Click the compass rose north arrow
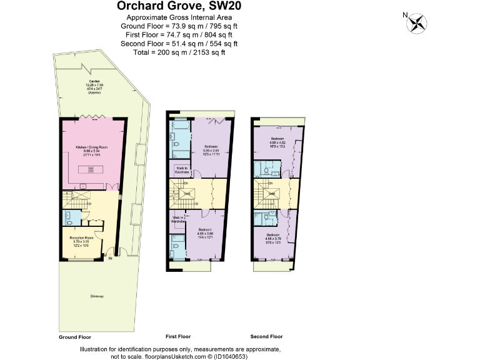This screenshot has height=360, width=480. pos(416,23)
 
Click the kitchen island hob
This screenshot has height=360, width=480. pos(91,169)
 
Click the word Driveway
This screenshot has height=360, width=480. pos(96,296)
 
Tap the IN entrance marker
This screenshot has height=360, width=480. pos(111,258)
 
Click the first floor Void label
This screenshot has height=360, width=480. pos(186,194)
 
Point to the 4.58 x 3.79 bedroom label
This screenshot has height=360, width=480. pos(273,238)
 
